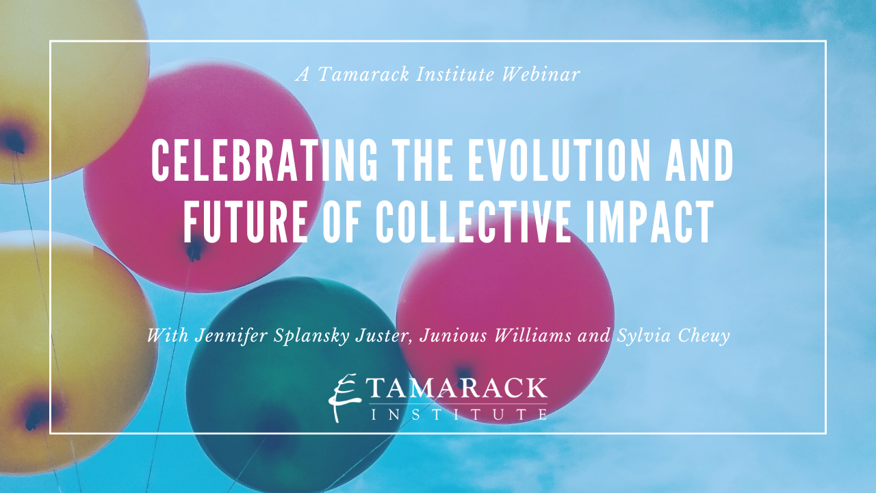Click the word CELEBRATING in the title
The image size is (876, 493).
click(x=265, y=160)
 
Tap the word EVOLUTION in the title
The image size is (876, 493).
click(x=558, y=160)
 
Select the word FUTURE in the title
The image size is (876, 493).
click(x=246, y=222)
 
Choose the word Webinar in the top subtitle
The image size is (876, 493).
click(x=541, y=74)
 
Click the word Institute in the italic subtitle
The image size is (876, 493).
click(x=455, y=74)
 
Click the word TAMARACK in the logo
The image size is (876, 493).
click(x=458, y=388)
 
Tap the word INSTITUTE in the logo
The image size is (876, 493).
click(x=459, y=414)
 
